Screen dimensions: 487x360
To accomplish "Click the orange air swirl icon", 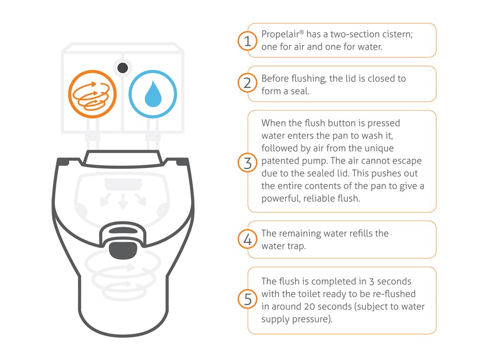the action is tap(92, 94).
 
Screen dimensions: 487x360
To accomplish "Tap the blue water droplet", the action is tap(153, 94).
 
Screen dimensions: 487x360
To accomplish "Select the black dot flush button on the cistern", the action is tap(123, 67).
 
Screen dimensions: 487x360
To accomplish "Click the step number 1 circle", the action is tap(247, 41).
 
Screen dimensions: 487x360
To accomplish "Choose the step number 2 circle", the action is tap(247, 83).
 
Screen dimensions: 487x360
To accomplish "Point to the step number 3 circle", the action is tap(247, 163).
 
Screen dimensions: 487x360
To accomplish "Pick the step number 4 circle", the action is tap(247, 239).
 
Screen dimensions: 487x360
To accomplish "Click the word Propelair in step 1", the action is tap(281, 34).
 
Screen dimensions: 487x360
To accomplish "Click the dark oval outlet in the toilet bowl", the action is tap(123, 250).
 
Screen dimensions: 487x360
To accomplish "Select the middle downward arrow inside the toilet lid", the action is tap(123, 200).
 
